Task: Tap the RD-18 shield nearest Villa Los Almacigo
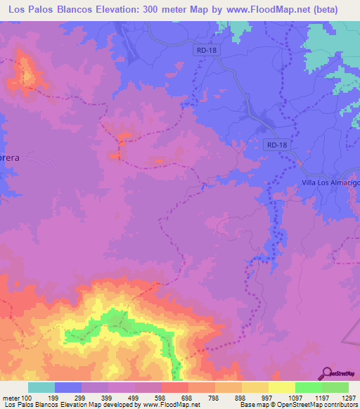click(x=277, y=145)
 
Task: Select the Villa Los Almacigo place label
click(x=326, y=183)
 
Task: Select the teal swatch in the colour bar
click(x=41, y=387)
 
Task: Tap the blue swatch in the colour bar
click(x=67, y=387)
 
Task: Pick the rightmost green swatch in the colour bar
click(x=335, y=387)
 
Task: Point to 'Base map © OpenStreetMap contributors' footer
click(x=296, y=404)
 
